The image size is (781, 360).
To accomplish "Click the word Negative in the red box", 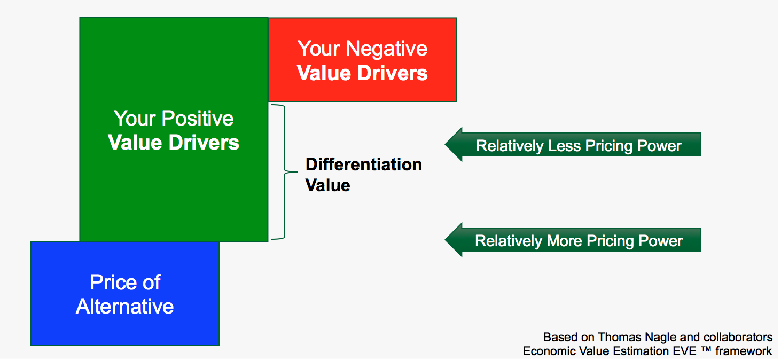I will tap(387, 49).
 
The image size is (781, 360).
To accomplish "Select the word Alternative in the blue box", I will tap(125, 307).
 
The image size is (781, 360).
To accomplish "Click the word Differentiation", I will tap(363, 165).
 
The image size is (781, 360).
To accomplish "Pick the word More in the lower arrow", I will tap(564, 241).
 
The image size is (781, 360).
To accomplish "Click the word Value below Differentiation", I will tap(328, 185).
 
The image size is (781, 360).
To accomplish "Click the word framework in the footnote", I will tap(746, 351).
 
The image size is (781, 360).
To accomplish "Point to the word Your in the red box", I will tap(319, 49).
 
